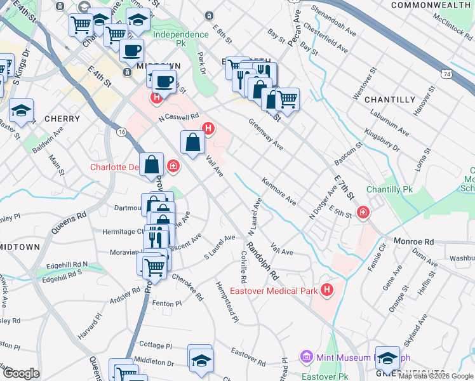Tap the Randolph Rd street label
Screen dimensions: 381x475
pos(263,261)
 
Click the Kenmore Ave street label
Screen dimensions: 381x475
pos(279,191)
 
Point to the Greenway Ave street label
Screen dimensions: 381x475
pos(265,134)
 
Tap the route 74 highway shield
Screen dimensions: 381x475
pos(448,74)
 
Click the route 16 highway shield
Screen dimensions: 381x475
pos(121,131)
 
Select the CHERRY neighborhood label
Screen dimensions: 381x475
pos(62,119)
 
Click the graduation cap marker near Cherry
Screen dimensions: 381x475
pos(21,110)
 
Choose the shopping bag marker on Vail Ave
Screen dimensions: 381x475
pos(192,142)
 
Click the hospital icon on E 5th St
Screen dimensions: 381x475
pos(363,213)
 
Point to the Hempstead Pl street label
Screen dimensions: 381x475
pos(227,302)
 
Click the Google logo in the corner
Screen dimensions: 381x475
pos(21,373)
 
